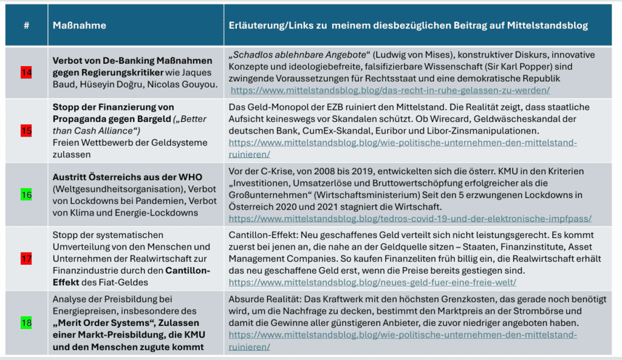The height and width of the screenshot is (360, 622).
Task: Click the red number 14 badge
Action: click(26, 73)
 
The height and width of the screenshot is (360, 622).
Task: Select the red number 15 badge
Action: click(26, 131)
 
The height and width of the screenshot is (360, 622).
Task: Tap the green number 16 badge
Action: click(26, 195)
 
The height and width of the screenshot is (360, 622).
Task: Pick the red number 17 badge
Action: click(26, 259)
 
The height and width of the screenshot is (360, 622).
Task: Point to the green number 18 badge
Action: click(26, 322)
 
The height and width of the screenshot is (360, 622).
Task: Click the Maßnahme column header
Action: click(80, 25)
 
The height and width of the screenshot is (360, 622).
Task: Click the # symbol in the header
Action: click(26, 25)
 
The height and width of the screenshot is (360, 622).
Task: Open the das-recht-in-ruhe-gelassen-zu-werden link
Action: click(389, 90)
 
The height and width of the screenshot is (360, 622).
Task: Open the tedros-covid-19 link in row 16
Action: click(410, 218)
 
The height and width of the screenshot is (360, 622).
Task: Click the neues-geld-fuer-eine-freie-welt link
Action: click(372, 282)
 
